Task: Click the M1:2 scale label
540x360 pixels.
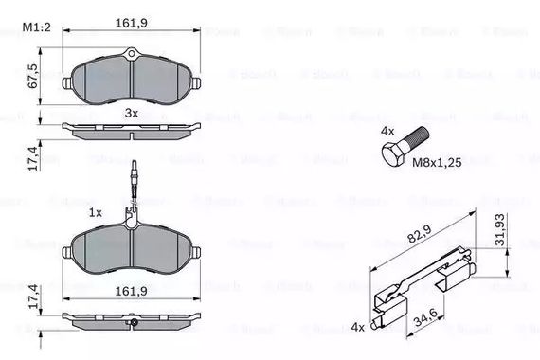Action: pyautogui.click(x=35, y=29)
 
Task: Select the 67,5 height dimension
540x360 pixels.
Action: pyautogui.click(x=32, y=74)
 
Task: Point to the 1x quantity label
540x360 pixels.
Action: pyautogui.click(x=96, y=213)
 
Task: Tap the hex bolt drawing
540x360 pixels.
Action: pyautogui.click(x=402, y=152)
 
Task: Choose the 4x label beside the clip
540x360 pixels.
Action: pyautogui.click(x=357, y=327)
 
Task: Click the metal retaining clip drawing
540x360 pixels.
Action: pyautogui.click(x=426, y=284)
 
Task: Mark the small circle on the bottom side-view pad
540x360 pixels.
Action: pyautogui.click(x=134, y=323)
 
